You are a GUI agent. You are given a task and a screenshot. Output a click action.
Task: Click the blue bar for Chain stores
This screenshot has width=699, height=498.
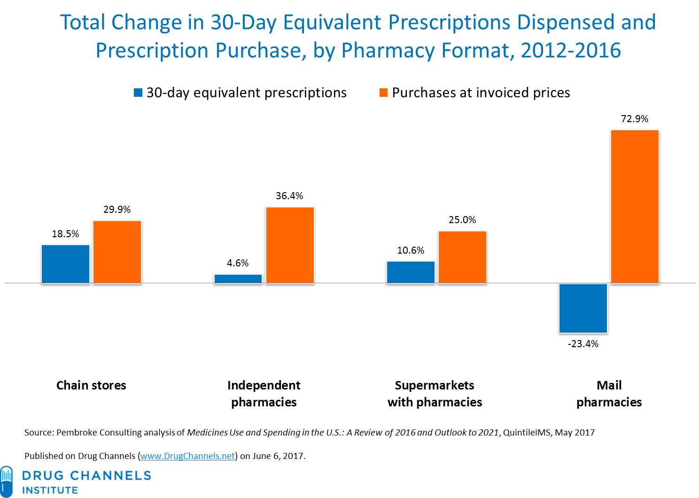(x=65, y=264)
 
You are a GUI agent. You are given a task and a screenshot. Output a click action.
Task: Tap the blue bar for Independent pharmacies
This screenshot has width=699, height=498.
(x=238, y=279)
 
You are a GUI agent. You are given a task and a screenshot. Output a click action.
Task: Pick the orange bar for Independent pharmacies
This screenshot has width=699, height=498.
(x=290, y=245)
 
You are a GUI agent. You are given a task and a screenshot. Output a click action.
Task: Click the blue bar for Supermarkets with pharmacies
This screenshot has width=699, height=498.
(x=411, y=272)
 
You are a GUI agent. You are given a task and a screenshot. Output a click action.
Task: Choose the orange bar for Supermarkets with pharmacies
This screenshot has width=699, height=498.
(x=462, y=257)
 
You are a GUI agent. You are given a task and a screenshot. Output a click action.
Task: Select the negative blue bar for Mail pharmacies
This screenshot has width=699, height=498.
(x=583, y=308)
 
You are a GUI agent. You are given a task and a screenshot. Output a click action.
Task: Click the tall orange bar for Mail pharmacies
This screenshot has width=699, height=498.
(x=635, y=206)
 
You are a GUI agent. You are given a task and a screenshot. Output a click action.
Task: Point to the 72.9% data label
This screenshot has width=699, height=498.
(x=635, y=119)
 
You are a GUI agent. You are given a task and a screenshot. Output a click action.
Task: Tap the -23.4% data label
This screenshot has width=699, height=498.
(x=583, y=344)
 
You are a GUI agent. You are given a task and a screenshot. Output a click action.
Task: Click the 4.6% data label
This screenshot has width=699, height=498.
(x=238, y=263)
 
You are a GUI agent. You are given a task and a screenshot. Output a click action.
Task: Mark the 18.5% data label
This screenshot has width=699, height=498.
(x=65, y=234)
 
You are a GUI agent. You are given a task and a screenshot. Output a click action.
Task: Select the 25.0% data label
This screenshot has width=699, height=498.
(x=462, y=220)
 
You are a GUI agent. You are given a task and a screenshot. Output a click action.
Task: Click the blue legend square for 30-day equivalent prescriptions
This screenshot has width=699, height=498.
(x=138, y=93)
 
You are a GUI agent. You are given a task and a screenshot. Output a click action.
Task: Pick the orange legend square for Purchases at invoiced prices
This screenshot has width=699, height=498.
(x=383, y=93)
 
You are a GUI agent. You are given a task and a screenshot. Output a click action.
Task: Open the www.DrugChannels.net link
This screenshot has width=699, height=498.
(x=187, y=456)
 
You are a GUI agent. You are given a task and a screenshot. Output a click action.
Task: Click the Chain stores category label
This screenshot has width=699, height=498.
(x=91, y=385)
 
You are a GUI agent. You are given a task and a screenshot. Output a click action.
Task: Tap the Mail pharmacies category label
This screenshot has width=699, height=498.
(x=609, y=394)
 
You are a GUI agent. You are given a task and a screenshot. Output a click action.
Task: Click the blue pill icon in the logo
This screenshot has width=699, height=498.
(x=7, y=481)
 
